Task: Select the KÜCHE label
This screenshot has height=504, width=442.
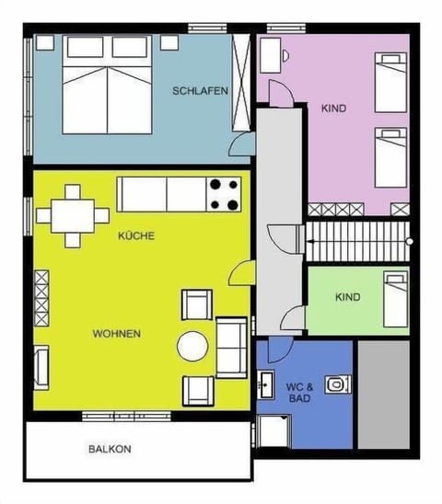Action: (x=136, y=236)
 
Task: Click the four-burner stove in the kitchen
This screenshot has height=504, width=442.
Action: (x=224, y=194)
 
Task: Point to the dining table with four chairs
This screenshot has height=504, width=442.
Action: (x=74, y=216)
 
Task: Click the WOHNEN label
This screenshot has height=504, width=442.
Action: (x=117, y=333)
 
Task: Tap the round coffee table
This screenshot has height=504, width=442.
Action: (x=193, y=346)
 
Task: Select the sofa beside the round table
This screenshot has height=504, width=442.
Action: (x=231, y=346)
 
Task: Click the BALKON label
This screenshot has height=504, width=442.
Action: (x=110, y=450)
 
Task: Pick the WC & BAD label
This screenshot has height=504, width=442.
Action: (x=300, y=393)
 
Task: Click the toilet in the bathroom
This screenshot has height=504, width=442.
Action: (x=338, y=383)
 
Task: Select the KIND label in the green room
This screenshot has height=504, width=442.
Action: (x=348, y=298)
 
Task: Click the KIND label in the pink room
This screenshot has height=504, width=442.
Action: (x=333, y=109)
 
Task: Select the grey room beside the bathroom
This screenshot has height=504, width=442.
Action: (x=383, y=394)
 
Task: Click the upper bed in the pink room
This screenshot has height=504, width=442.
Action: (x=390, y=83)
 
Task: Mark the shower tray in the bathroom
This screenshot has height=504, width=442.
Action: (x=273, y=430)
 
